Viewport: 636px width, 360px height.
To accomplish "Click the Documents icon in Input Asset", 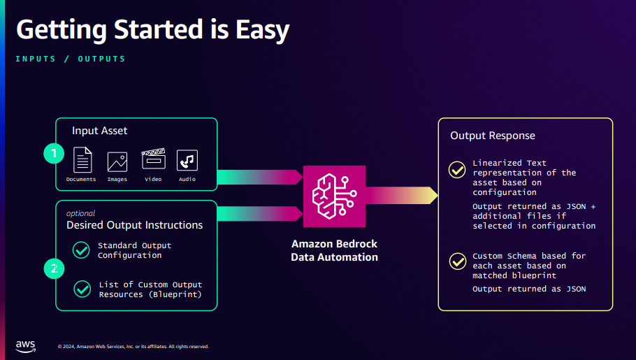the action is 82,160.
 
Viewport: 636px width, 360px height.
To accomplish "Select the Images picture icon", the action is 117,162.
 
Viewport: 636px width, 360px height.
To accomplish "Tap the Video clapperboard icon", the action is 153,159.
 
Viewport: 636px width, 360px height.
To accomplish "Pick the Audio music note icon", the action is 187,160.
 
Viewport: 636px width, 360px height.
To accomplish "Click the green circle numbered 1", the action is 54,153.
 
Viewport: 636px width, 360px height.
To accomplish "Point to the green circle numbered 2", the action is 54,268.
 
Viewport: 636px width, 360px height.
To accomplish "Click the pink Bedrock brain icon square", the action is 334,196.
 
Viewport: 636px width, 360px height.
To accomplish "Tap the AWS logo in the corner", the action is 26,346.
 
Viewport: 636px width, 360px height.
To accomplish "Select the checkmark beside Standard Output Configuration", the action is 81,250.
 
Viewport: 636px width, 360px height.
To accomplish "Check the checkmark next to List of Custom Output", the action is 82,289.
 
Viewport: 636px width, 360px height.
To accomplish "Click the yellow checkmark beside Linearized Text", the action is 457,170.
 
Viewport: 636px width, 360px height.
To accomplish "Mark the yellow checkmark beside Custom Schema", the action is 458,261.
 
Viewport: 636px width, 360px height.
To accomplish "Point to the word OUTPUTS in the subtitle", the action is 101,59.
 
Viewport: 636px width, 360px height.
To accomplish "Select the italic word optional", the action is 80,213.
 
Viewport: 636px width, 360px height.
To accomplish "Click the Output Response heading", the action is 493,136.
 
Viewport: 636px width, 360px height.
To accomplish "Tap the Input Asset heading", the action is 99,131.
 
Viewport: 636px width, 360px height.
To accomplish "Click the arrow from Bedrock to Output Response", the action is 402,195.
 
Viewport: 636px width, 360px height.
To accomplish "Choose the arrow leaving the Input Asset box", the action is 260,178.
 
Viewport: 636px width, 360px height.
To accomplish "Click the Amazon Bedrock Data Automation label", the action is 334,250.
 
